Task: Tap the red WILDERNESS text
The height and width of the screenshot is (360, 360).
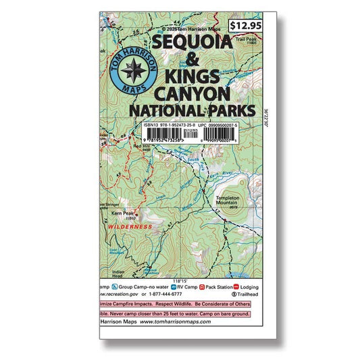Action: point(129,228)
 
